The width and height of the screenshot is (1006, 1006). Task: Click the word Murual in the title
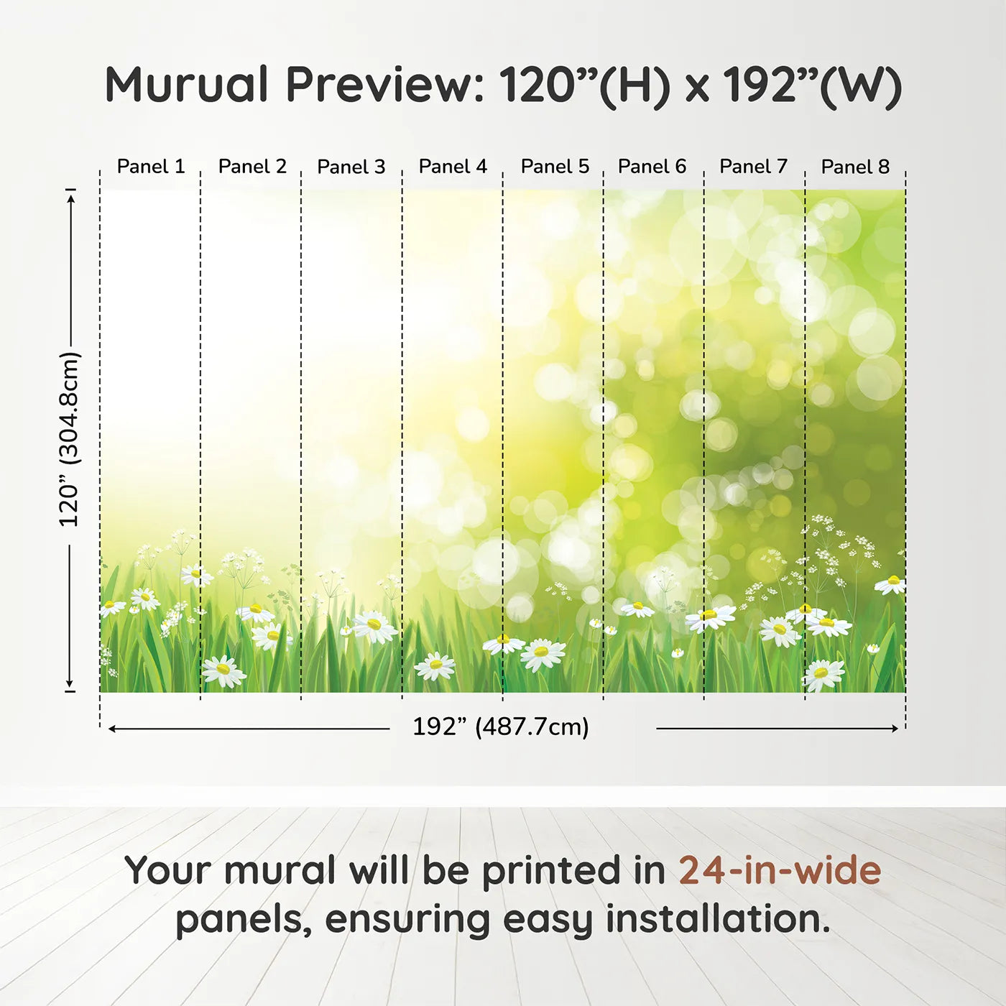click(187, 85)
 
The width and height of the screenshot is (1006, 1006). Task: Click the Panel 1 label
click(151, 167)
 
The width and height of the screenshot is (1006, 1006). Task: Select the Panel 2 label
click(252, 167)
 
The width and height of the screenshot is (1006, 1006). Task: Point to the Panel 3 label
click(351, 167)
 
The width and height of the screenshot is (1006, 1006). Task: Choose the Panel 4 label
click(453, 167)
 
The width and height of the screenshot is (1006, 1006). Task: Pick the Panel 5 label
click(555, 167)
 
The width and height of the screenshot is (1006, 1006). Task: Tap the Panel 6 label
click(652, 167)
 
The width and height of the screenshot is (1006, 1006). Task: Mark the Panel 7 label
click(753, 167)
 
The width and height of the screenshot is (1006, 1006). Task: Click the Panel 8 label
click(855, 167)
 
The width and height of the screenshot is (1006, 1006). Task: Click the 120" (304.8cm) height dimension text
click(70, 439)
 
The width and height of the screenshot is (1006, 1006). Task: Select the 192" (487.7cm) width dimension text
click(500, 726)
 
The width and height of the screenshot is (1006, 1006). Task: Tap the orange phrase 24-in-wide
click(780, 870)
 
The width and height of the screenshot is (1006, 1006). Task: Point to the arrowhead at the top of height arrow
click(70, 197)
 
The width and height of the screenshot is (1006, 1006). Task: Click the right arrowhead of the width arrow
click(895, 729)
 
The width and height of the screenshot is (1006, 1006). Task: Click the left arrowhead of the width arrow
click(112, 729)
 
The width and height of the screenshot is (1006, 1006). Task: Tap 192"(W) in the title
click(812, 85)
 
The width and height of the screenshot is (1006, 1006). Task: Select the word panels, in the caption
click(244, 920)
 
